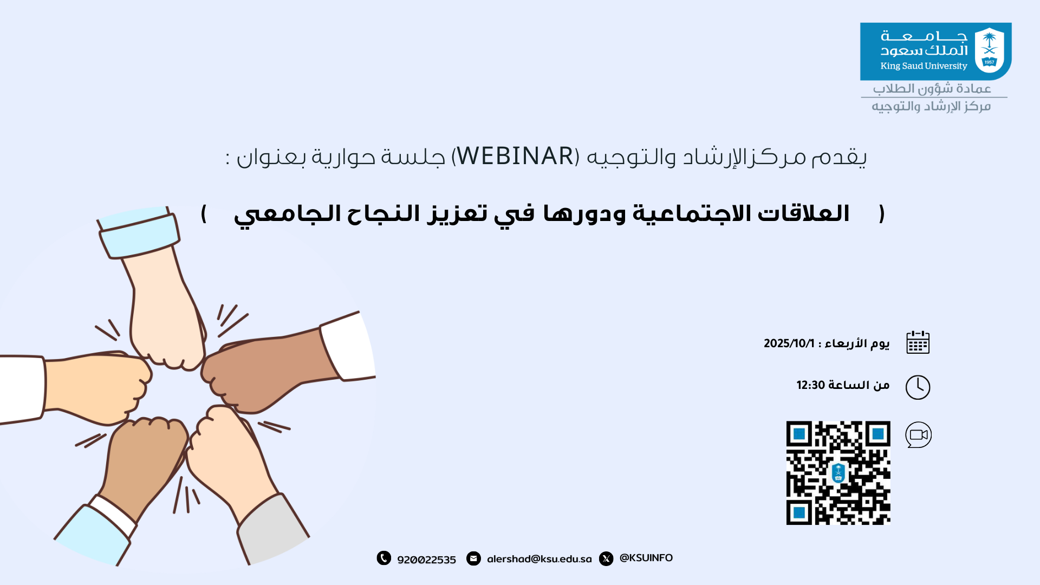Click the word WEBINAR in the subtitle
(x=515, y=157)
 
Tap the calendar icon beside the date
(x=918, y=342)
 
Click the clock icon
(x=918, y=387)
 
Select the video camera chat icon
(x=919, y=435)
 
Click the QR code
(x=838, y=473)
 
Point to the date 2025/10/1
(x=789, y=343)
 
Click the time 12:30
(x=811, y=385)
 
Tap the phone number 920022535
(x=427, y=560)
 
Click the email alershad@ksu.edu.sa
(x=539, y=559)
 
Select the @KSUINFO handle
(x=646, y=558)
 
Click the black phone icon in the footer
(x=384, y=558)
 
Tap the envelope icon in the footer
(x=474, y=558)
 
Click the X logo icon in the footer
(x=607, y=558)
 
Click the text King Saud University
(x=924, y=66)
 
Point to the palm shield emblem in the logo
(x=990, y=50)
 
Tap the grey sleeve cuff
(x=274, y=528)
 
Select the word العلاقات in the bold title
(x=803, y=213)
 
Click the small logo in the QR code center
(x=838, y=473)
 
